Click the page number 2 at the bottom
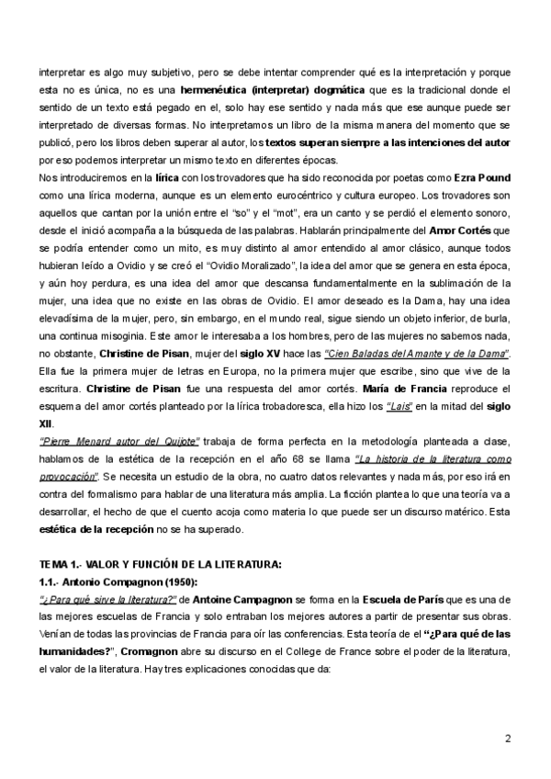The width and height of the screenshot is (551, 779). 508,739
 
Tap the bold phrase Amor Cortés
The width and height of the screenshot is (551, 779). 473,231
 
